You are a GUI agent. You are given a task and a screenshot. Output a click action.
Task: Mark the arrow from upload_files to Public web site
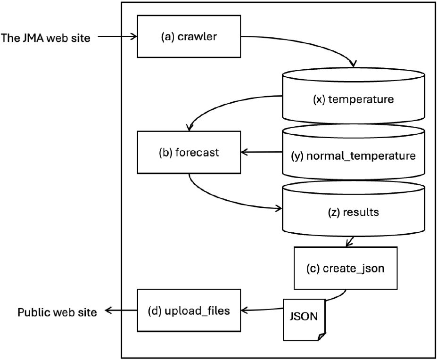point(121,310)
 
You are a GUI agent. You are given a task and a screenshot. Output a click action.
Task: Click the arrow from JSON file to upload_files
point(262,310)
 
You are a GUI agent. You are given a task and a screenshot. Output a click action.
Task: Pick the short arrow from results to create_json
point(350,241)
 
